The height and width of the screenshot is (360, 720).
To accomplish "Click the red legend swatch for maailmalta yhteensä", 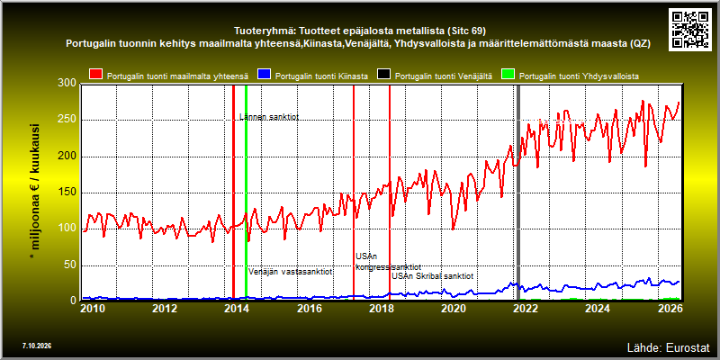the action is click(x=96, y=75).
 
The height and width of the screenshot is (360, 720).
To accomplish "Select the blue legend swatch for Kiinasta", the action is click(x=265, y=75).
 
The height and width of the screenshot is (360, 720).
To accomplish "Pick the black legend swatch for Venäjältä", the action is click(x=384, y=75).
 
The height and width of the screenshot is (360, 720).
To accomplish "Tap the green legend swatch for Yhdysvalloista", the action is click(x=508, y=75).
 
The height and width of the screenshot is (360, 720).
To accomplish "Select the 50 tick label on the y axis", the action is click(x=70, y=265).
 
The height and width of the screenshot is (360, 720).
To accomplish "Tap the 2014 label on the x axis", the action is click(x=237, y=307).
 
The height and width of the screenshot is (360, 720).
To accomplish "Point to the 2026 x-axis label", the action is click(x=670, y=307).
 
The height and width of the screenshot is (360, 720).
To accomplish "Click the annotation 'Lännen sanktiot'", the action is click(x=269, y=117).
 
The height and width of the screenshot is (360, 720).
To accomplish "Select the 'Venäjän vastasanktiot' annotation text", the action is click(x=291, y=272).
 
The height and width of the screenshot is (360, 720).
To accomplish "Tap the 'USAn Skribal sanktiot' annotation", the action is click(x=433, y=276).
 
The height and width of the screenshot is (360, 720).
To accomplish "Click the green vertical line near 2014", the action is click(x=246, y=192).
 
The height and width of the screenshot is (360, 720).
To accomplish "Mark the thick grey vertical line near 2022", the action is click(x=519, y=192).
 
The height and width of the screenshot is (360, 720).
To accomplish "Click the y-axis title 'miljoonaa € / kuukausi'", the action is click(x=35, y=186).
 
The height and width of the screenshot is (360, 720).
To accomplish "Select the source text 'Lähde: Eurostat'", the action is click(x=669, y=346).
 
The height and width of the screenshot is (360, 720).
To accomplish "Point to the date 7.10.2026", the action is click(x=37, y=346).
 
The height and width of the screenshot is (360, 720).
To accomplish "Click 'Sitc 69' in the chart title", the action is click(x=465, y=31).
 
